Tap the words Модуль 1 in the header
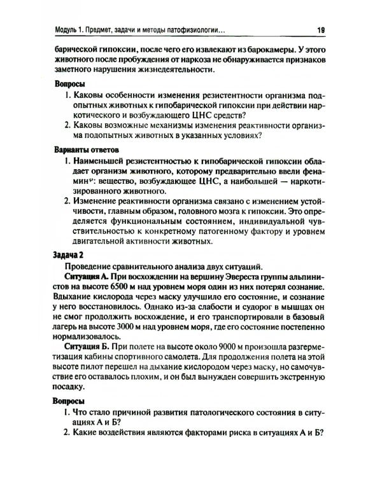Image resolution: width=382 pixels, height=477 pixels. coord(73,30)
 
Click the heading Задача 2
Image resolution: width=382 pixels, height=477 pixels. coord(66,254)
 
